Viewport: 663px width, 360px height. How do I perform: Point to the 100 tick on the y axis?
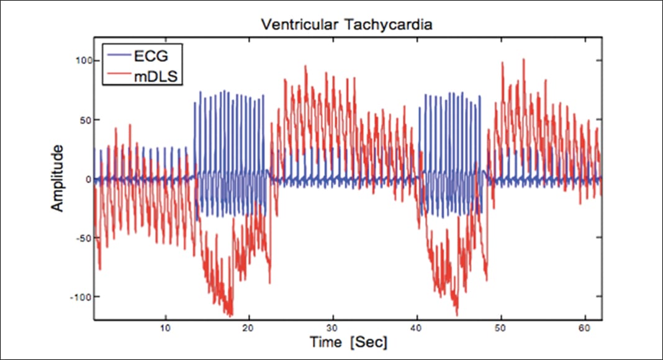coord(83,61)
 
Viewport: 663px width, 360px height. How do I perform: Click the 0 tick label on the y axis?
coord(89,179)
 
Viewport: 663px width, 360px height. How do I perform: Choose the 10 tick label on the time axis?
coord(165,327)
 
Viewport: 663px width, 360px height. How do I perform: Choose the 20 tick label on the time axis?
coord(249,327)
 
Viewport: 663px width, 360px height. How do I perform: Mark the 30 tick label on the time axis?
coord(333,327)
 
